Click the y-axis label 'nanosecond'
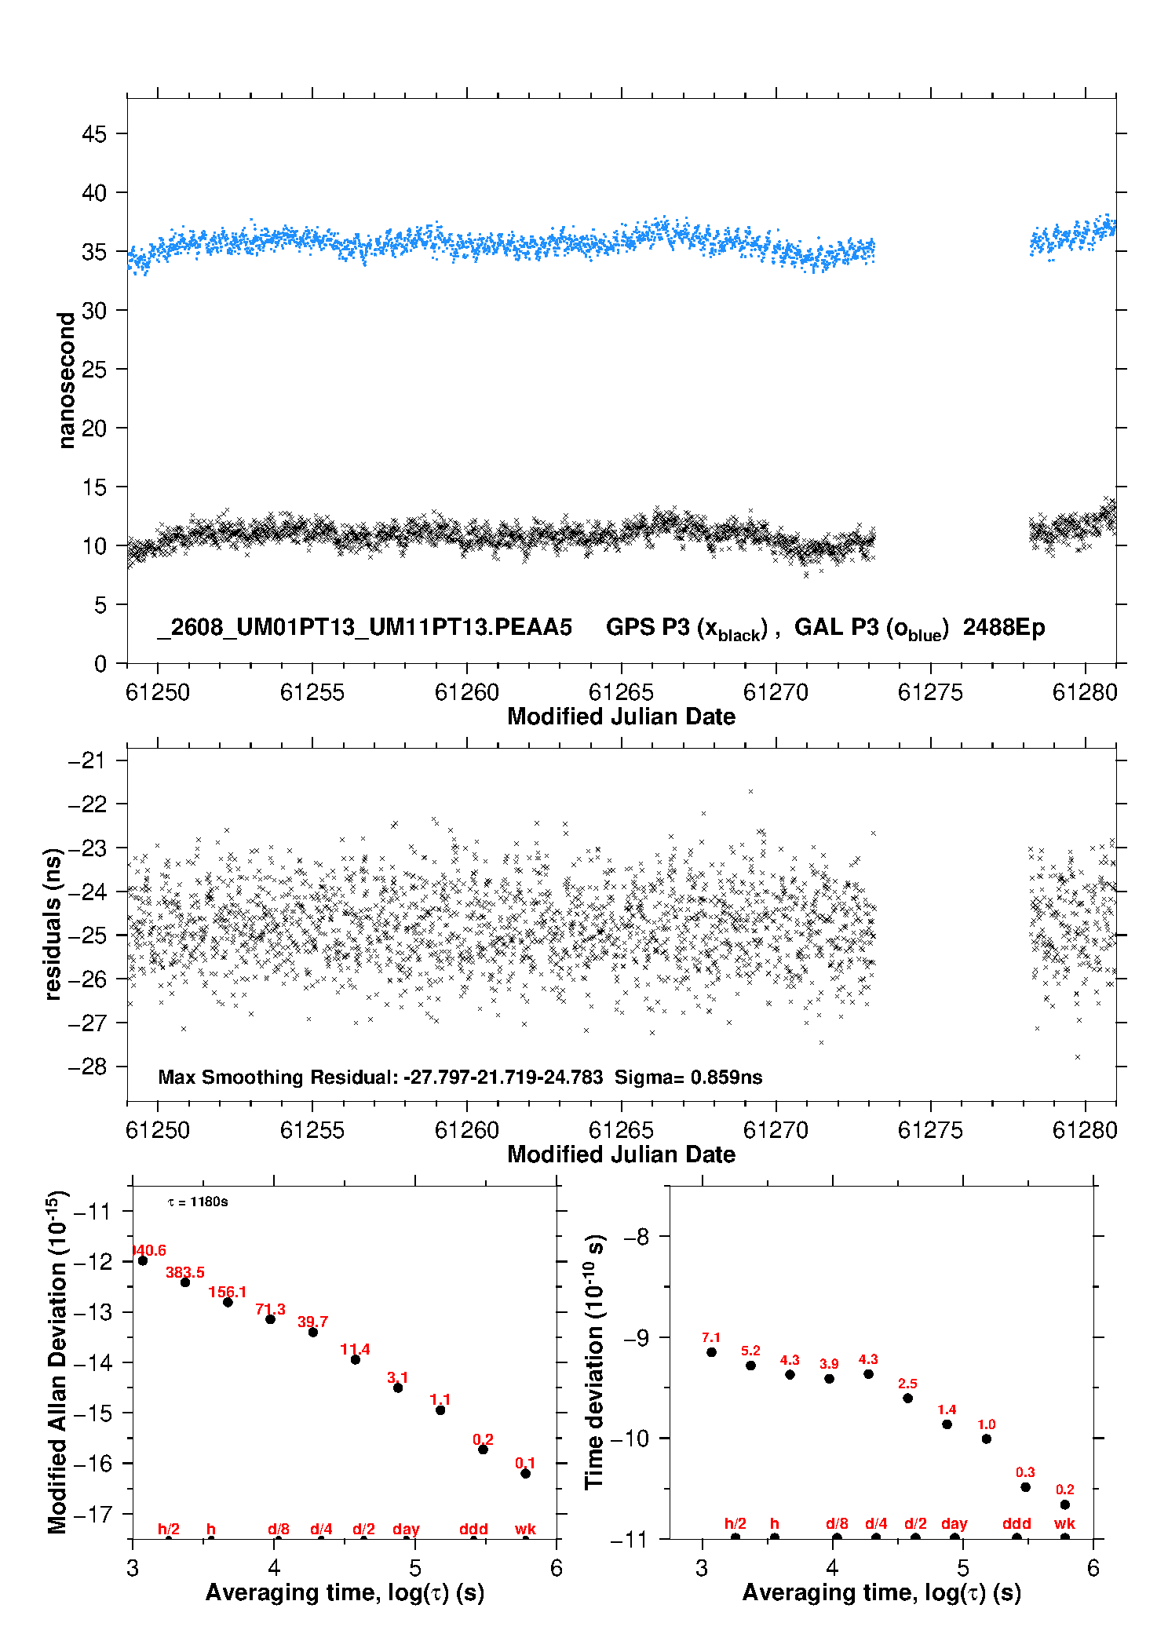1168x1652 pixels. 67,380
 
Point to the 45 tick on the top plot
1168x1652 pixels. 94,134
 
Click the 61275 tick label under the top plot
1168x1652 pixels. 930,692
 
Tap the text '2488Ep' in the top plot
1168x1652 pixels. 1004,628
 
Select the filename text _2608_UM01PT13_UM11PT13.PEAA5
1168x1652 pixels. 365,628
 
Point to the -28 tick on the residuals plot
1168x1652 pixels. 87,1067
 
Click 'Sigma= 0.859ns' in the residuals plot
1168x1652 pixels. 688,1077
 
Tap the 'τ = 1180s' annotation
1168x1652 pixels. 198,1202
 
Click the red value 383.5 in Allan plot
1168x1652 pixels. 185,1272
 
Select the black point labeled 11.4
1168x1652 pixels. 356,1359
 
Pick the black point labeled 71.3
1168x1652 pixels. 270,1318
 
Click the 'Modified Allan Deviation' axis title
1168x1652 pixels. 57,1362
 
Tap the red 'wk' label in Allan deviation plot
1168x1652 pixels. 525,1529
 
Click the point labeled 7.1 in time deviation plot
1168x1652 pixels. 711,1351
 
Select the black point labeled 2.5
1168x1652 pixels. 907,1398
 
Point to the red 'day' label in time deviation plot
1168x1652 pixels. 954,1523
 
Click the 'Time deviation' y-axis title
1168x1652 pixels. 594,1362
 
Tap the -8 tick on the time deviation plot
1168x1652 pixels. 637,1237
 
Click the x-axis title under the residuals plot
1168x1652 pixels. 622,1154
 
